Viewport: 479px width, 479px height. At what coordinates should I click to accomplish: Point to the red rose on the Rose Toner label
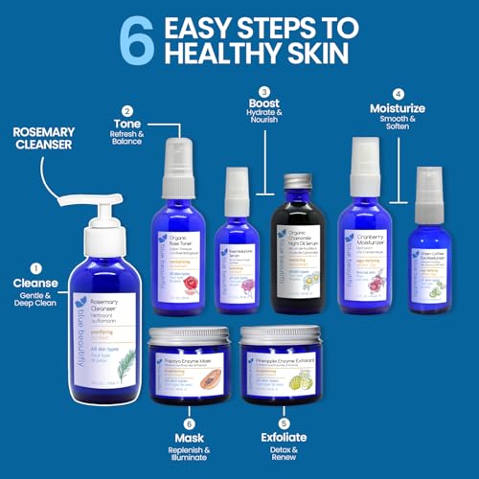[x=195, y=262]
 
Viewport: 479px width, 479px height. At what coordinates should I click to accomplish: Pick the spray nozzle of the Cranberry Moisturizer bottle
[x=366, y=153]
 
